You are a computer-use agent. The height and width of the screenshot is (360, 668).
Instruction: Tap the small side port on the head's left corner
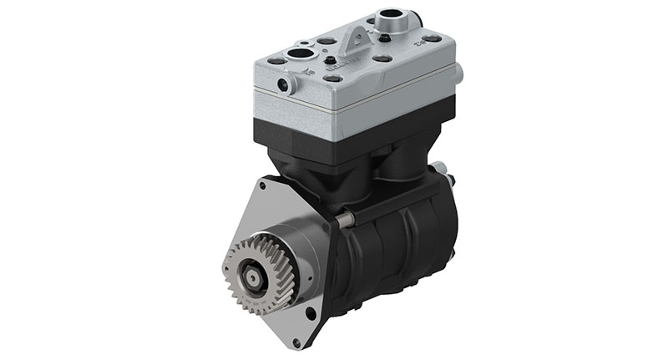[x=286, y=84]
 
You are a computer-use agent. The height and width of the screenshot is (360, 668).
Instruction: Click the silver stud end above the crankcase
[x=343, y=219]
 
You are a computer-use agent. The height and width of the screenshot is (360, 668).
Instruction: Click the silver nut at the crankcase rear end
[x=451, y=180]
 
